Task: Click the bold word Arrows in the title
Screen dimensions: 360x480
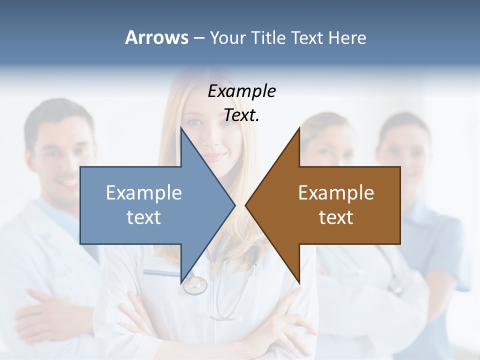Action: coord(156,37)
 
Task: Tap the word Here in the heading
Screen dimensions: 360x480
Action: coord(347,37)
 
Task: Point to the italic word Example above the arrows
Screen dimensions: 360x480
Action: coord(241,91)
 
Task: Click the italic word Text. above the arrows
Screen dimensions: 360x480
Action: coord(241,115)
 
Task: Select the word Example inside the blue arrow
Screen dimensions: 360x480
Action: coord(144,192)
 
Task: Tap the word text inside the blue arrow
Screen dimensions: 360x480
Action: coord(144,217)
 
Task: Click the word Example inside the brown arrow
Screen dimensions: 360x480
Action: coord(336,192)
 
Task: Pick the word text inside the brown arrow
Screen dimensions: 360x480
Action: coord(336,217)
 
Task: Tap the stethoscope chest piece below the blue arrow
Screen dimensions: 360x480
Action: coord(195,285)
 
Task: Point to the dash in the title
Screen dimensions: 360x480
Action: coord(198,38)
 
